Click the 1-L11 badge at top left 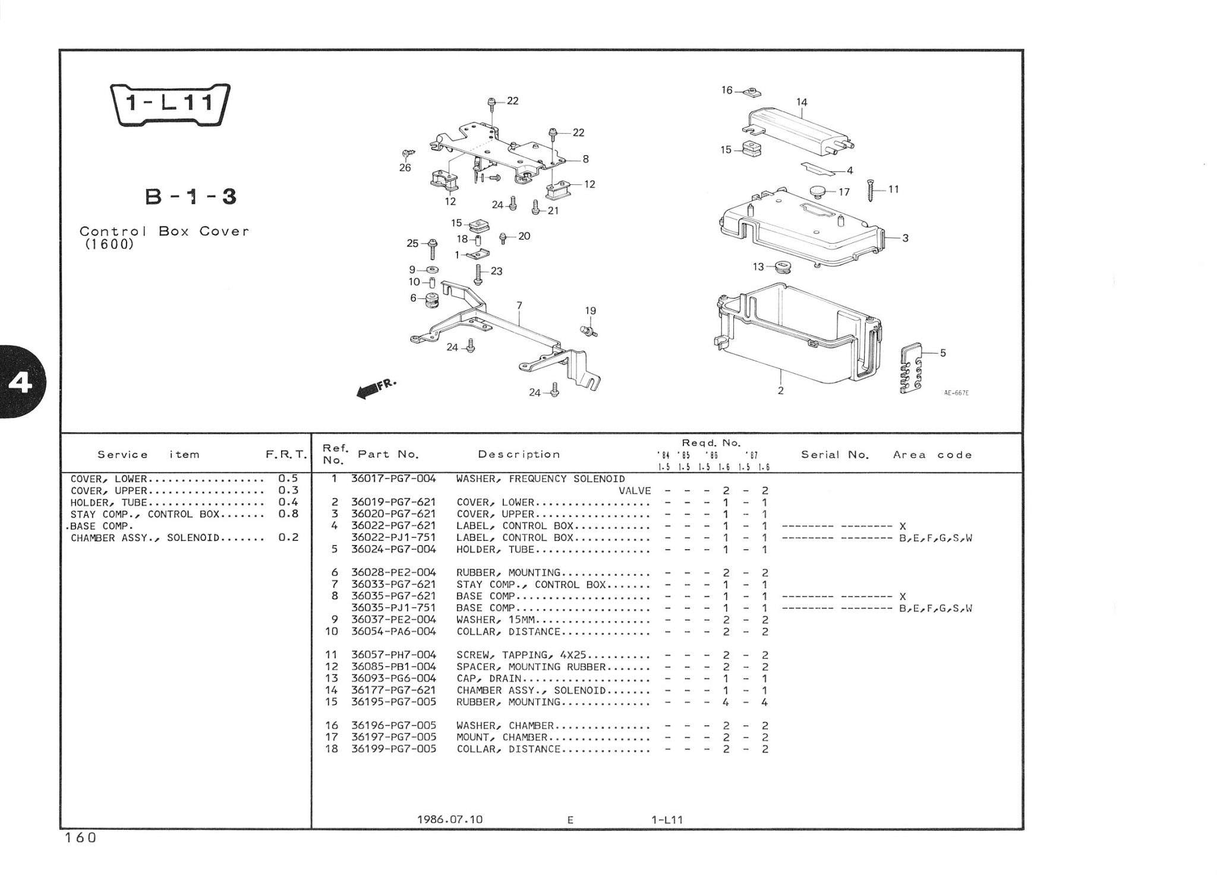click(x=171, y=105)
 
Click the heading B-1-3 click(x=191, y=197)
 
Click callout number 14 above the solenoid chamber click(x=802, y=102)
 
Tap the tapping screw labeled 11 click(x=873, y=190)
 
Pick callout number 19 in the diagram click(x=590, y=311)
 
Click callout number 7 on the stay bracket click(x=519, y=306)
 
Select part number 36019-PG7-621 click(x=393, y=502)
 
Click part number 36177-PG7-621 click(x=393, y=690)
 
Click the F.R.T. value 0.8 click(x=288, y=514)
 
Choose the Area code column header click(x=932, y=455)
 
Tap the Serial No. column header click(x=835, y=455)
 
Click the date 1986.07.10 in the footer click(x=450, y=820)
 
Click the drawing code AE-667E click(x=956, y=393)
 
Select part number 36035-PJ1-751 click(x=393, y=608)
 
